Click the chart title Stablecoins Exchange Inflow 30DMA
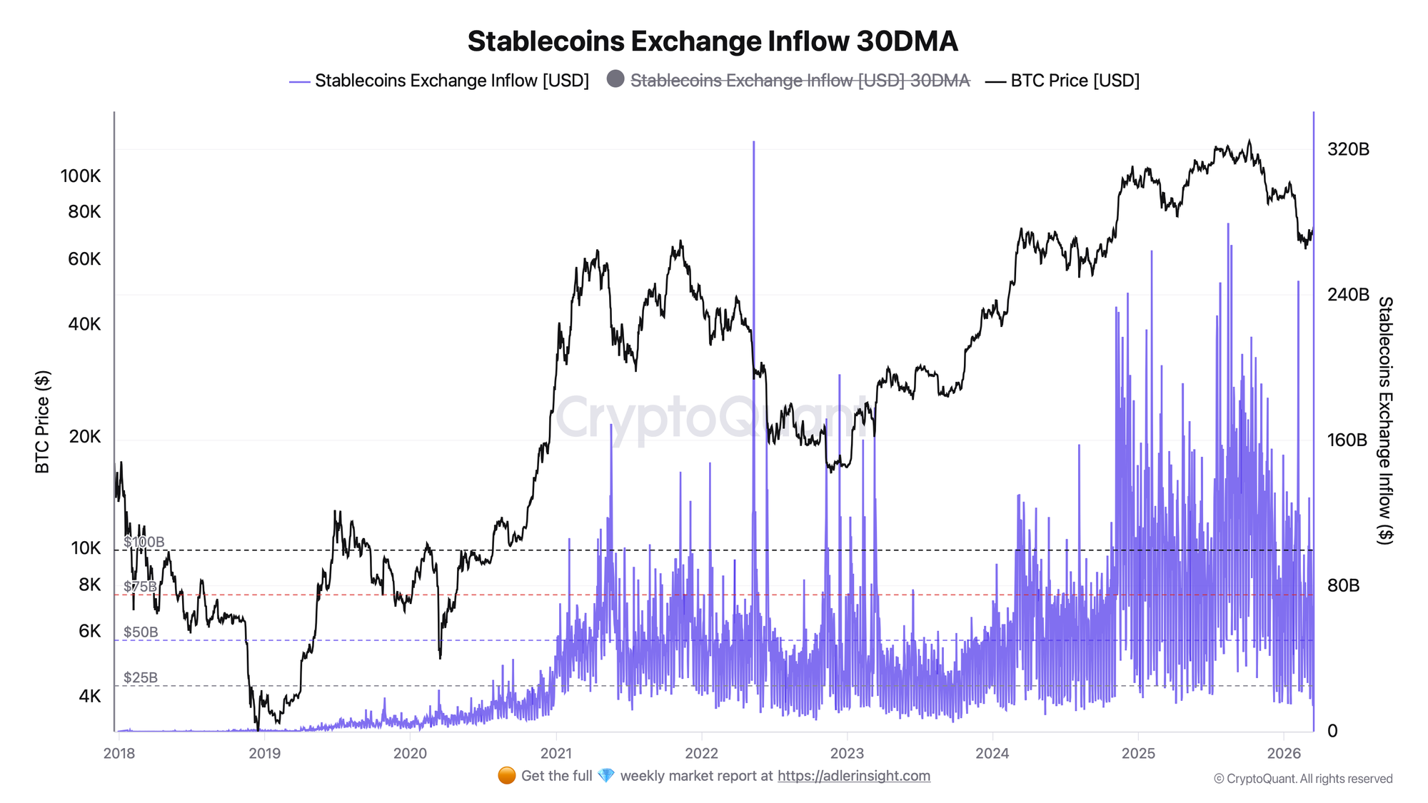713,41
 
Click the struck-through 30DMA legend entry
800,81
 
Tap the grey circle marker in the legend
615,79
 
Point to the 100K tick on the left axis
81,176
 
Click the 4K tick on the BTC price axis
89,696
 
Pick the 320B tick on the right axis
1348,149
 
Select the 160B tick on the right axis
1347,440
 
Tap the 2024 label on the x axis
992,753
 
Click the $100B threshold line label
144,542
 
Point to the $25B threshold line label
141,677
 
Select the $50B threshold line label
141,632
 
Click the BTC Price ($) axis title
43,421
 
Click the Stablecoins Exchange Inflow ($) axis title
1384,421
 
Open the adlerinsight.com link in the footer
854,776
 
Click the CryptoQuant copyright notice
1303,779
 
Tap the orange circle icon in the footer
507,776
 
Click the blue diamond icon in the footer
606,776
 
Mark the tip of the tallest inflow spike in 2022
753,142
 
